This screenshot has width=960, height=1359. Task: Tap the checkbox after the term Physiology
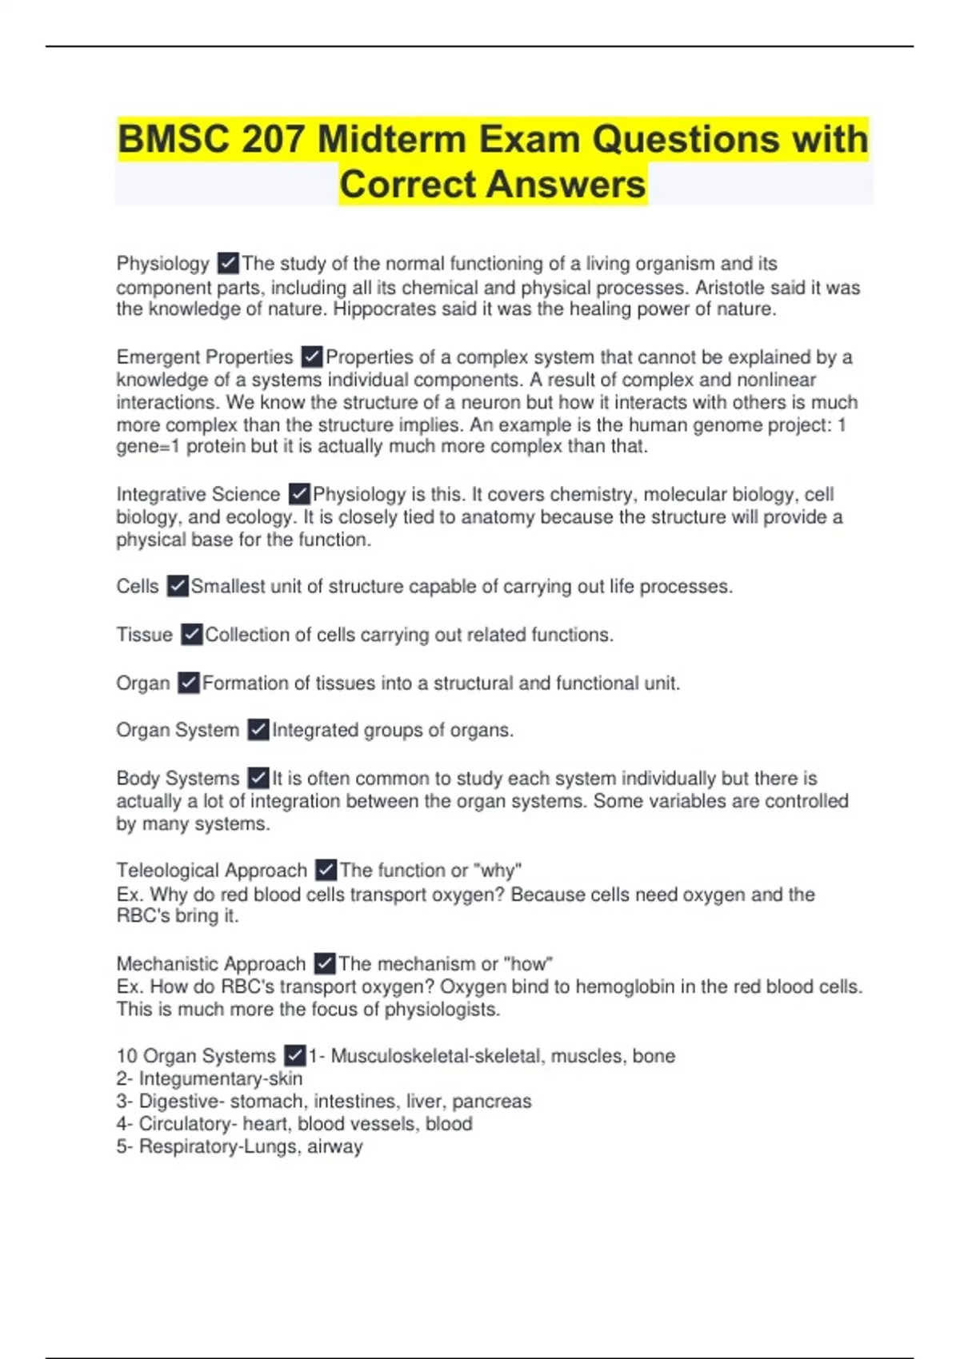[228, 263]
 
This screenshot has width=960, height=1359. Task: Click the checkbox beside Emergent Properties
[312, 357]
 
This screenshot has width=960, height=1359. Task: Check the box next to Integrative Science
[299, 494]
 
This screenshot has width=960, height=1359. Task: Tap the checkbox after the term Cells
[178, 587]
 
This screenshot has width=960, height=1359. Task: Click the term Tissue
[144, 635]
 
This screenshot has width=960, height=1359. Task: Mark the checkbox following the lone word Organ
[189, 683]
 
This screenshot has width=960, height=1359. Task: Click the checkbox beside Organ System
[258, 730]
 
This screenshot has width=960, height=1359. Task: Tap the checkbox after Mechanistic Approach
[325, 963]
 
